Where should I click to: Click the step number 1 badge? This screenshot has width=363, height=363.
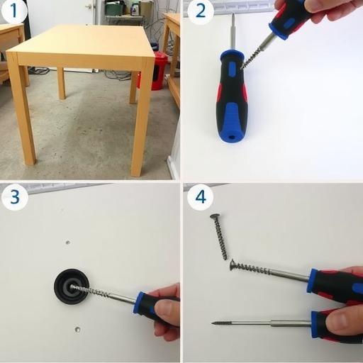tap(13, 11)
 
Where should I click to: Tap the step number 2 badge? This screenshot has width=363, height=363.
tap(201, 11)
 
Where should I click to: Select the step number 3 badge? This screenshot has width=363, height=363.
tap(14, 197)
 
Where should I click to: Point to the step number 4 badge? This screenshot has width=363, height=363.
tap(201, 197)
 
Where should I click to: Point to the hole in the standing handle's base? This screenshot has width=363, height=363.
tap(233, 137)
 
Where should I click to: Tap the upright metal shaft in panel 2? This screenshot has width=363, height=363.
tap(233, 32)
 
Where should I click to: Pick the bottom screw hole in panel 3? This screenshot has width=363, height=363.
tap(77, 329)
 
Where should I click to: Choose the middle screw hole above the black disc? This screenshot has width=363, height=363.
tap(68, 242)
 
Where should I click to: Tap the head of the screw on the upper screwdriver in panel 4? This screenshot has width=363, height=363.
tap(233, 264)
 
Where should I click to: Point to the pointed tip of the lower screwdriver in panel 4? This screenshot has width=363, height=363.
tap(213, 323)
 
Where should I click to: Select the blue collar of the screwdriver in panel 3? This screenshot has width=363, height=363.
tap(139, 303)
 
